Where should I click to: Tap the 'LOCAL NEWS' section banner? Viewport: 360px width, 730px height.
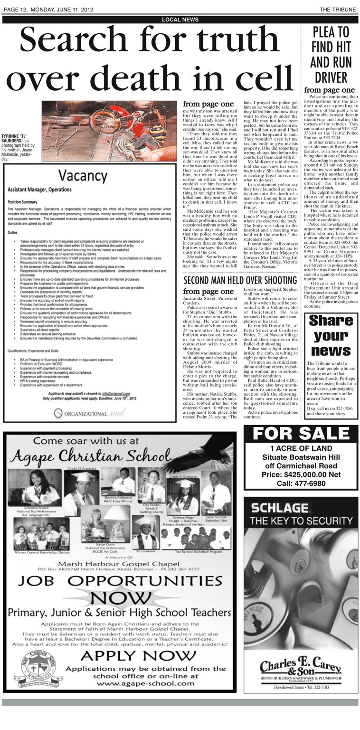pyautogui.click(x=180, y=19)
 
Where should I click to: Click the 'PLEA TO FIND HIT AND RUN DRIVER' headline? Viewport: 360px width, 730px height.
pyautogui.click(x=331, y=55)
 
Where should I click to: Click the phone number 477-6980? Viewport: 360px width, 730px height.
pyautogui.click(x=298, y=484)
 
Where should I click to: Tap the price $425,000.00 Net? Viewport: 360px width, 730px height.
pyautogui.click(x=298, y=474)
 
